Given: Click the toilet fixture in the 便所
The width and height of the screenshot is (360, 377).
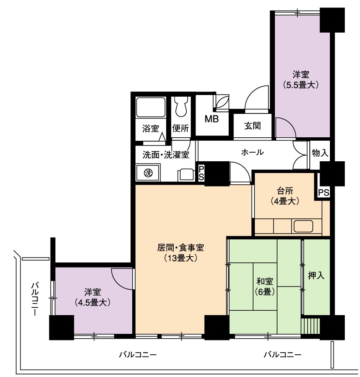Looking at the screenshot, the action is [182, 106].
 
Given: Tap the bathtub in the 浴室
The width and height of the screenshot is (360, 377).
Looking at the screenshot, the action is [151, 107].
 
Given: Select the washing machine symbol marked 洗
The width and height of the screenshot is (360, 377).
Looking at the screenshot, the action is [148, 173].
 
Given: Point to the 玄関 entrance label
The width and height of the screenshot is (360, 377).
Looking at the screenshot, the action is [252, 126].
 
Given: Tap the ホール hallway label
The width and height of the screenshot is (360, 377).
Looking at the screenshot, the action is [252, 152].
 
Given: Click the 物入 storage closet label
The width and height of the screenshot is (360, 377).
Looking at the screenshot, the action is [320, 153].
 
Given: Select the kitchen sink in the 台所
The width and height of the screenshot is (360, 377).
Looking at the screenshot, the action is [303, 226].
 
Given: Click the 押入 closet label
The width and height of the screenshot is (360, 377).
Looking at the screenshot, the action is [316, 275].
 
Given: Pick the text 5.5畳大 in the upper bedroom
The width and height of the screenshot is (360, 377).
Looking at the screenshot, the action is [301, 85].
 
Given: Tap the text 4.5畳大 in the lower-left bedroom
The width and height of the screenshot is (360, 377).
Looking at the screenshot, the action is [93, 302].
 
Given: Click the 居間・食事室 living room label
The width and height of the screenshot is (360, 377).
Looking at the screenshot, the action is [181, 248].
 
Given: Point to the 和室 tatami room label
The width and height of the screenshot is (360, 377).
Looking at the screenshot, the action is [264, 281].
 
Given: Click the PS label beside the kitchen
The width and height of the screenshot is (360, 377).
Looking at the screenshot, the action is [324, 192].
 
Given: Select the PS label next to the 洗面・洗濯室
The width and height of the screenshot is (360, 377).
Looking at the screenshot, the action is [201, 173].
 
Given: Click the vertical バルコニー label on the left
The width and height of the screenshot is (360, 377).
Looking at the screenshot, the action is [35, 299].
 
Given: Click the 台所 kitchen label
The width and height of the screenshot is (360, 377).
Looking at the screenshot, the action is [285, 190].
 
